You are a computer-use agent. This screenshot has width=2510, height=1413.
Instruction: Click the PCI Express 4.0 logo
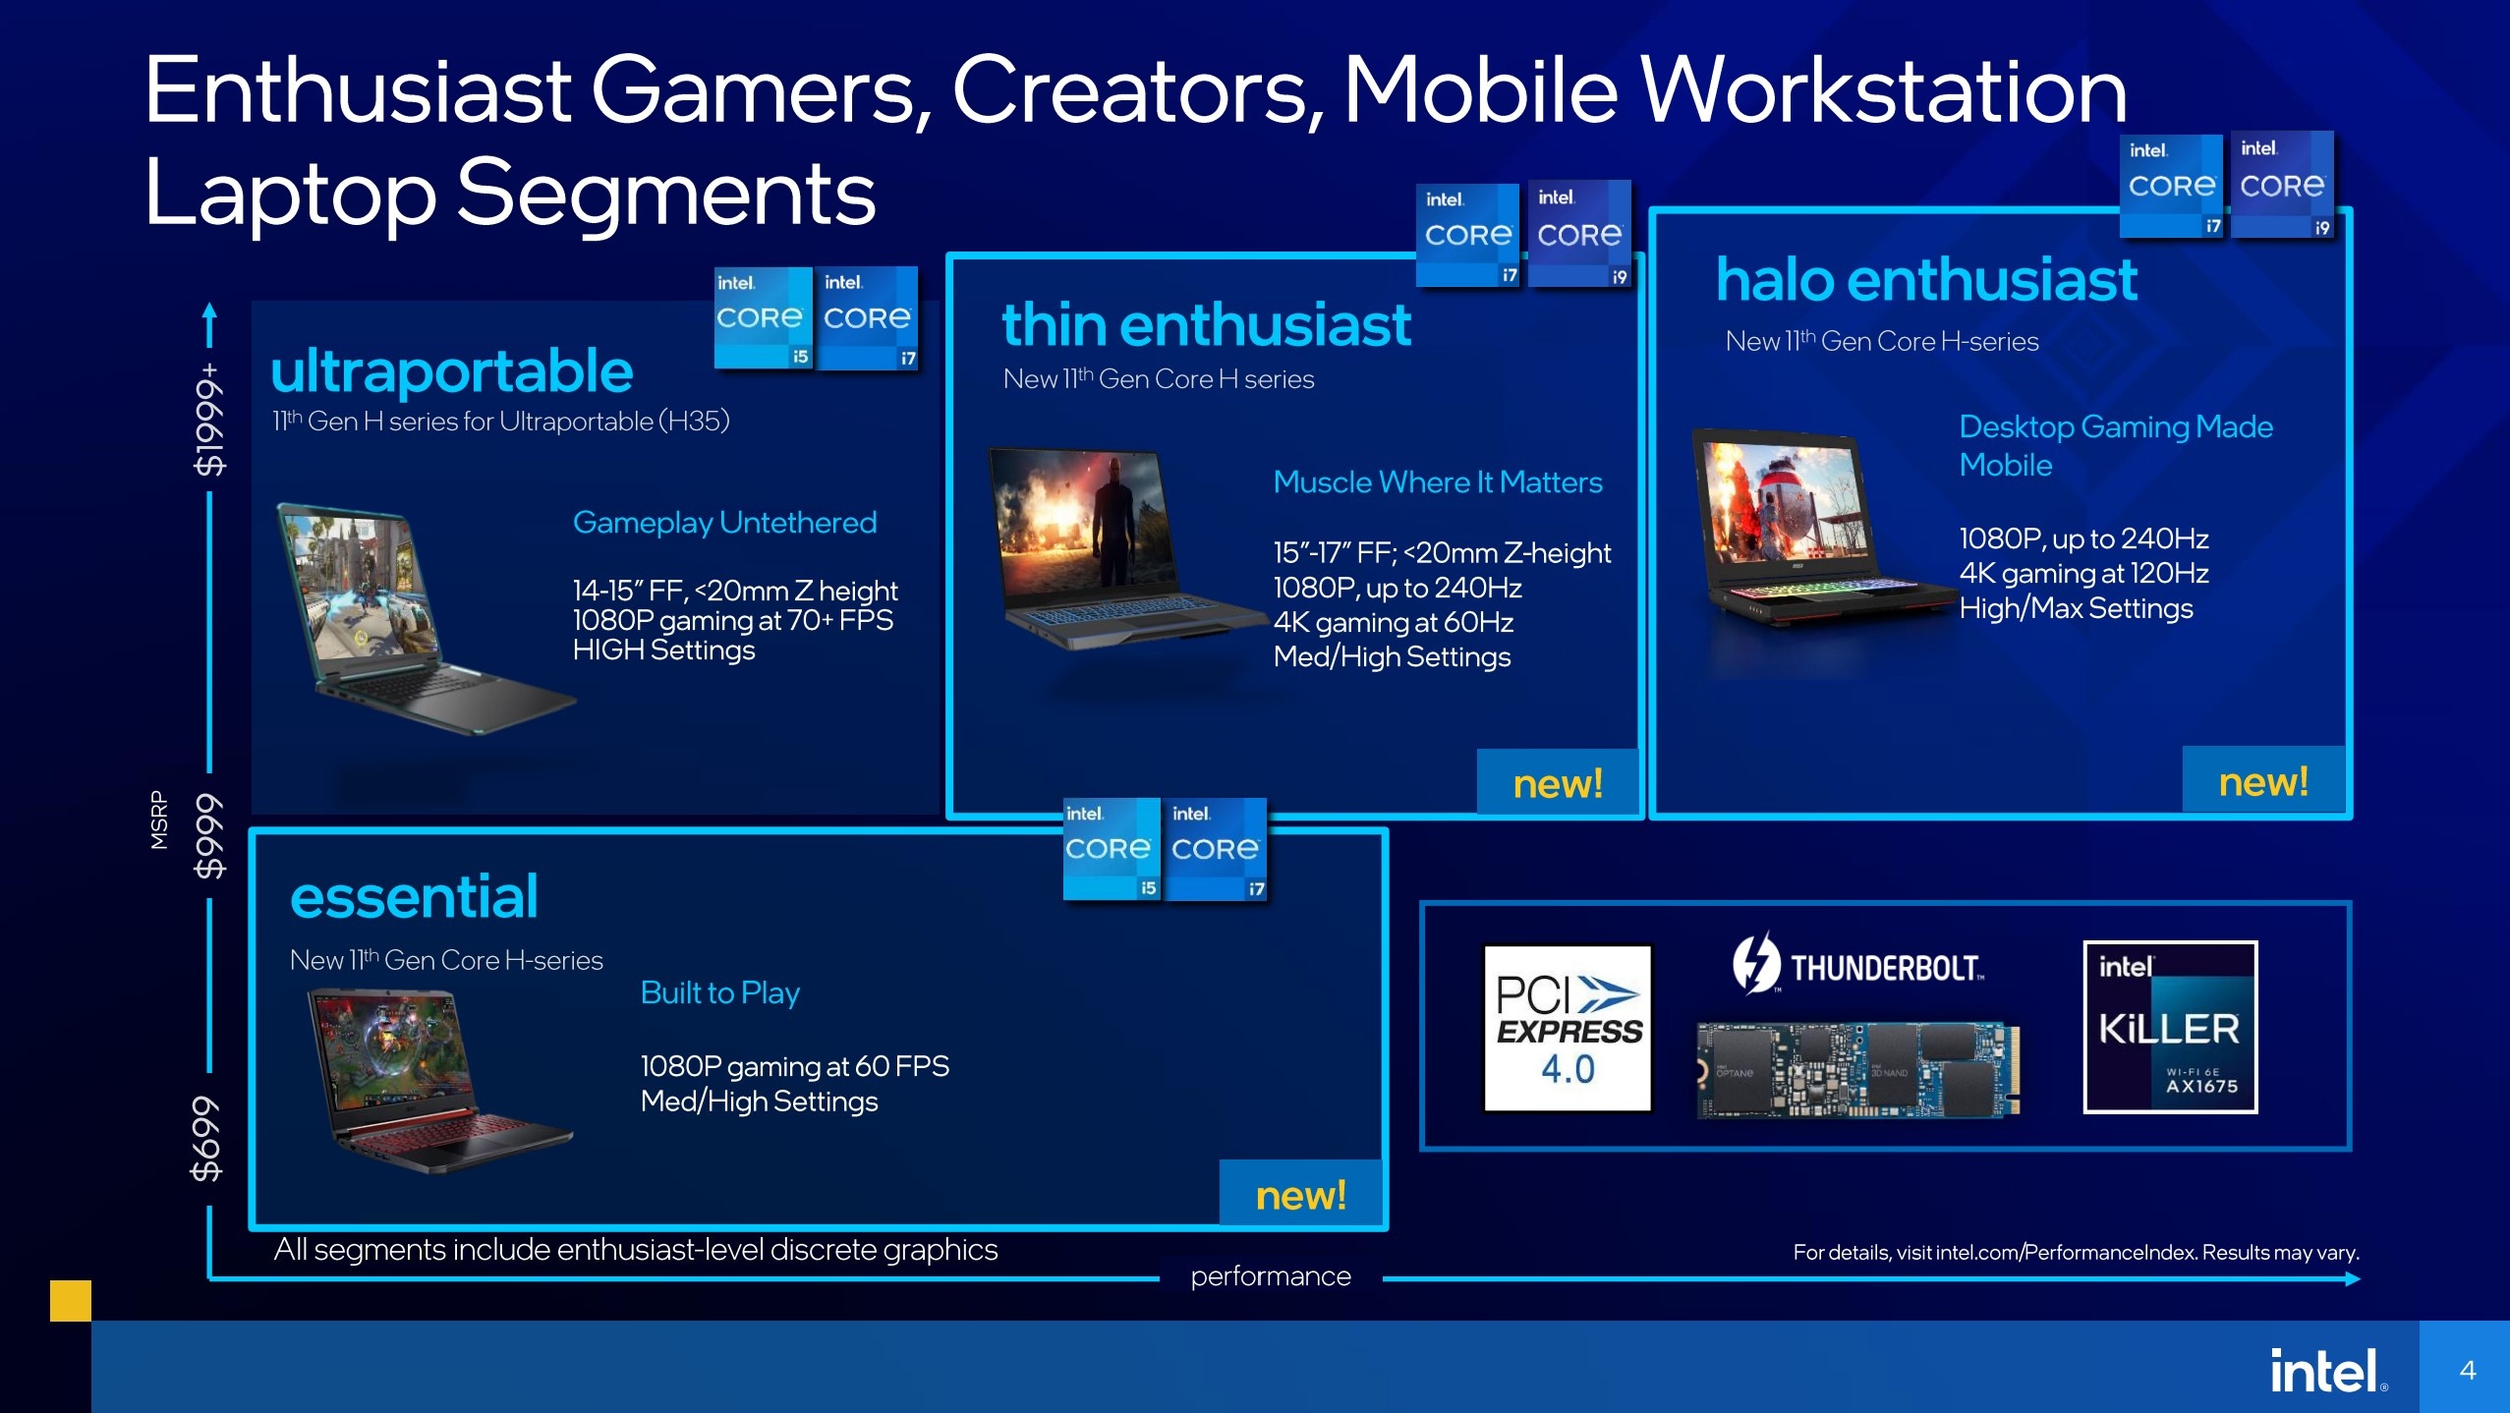[1567, 1028]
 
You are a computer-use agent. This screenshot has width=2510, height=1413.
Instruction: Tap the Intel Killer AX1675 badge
[2169, 1027]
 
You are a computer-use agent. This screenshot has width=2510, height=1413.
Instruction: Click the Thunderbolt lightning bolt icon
[1754, 963]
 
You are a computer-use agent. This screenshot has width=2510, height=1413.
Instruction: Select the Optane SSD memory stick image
[1857, 1070]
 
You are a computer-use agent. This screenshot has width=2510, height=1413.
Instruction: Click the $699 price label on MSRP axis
[207, 1138]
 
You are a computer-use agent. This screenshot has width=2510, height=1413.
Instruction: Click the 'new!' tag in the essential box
[1300, 1195]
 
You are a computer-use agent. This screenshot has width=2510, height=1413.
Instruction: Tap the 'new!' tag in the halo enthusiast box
[2262, 781]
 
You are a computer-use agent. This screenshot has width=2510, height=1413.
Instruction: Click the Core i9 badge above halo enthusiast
[2281, 185]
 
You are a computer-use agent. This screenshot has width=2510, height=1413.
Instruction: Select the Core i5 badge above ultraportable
[762, 317]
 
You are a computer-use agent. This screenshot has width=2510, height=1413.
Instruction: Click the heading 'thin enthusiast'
[1206, 325]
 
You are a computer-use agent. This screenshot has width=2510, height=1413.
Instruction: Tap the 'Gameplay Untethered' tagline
[724, 522]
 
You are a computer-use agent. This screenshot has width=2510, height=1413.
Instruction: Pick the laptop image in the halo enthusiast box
[1818, 531]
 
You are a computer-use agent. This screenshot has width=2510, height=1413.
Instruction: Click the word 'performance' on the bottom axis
[1270, 1276]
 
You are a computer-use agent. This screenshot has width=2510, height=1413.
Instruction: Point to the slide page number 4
[2467, 1369]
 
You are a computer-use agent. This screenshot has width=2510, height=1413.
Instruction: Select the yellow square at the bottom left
[71, 1300]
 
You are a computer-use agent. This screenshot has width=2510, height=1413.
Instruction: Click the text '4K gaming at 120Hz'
[2082, 573]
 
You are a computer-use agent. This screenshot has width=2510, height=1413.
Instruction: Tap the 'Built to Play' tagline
[719, 992]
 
